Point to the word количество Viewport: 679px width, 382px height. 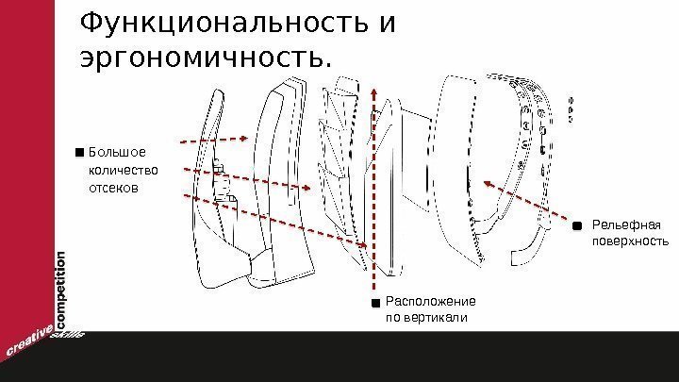point(122,170)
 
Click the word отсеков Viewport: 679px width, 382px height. point(112,188)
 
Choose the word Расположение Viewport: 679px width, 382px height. point(430,301)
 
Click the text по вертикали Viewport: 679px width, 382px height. point(427,319)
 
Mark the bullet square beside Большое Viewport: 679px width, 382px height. point(78,151)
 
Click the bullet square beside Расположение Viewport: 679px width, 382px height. point(375,303)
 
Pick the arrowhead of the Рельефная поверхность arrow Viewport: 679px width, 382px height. point(487,183)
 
